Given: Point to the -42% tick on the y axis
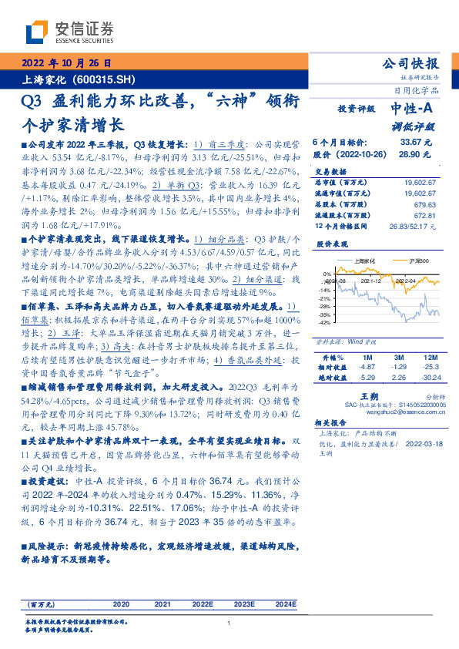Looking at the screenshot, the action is tap(327, 323).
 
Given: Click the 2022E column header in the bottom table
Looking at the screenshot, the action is tap(202, 605).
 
